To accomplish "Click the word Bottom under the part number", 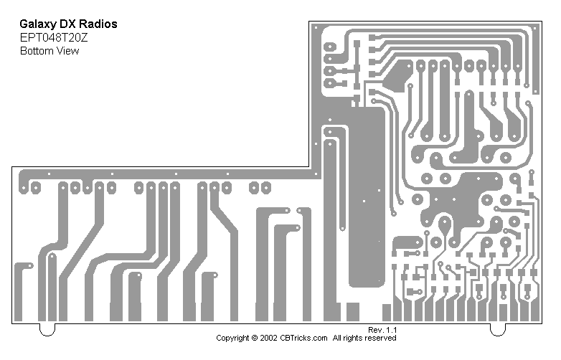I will (35, 51).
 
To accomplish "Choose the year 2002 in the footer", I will (268, 338).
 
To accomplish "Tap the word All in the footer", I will (337, 338).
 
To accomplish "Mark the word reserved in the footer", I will (382, 338).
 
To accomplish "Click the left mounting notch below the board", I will (47, 329).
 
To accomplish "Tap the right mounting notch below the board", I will (497, 329).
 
